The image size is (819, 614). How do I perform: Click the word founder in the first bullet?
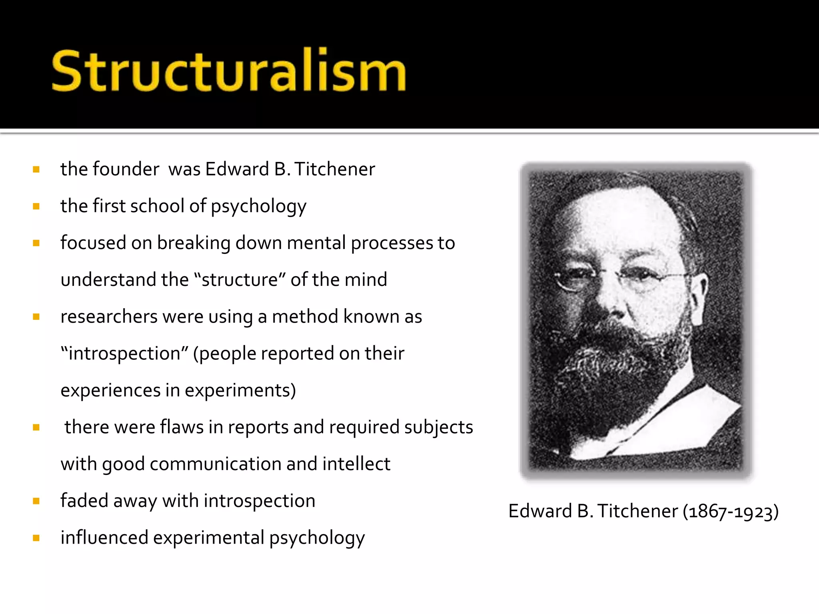coord(126,169)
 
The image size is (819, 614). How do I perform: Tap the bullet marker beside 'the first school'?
coord(36,206)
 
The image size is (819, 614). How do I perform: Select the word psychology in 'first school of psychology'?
coord(258,207)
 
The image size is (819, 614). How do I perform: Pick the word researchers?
coord(109,317)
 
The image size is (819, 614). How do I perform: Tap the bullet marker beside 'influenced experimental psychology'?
coord(36,538)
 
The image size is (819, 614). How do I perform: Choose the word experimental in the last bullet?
coord(208,538)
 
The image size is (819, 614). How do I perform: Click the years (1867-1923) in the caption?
coord(731,511)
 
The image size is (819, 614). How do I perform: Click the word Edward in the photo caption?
coord(540,511)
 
